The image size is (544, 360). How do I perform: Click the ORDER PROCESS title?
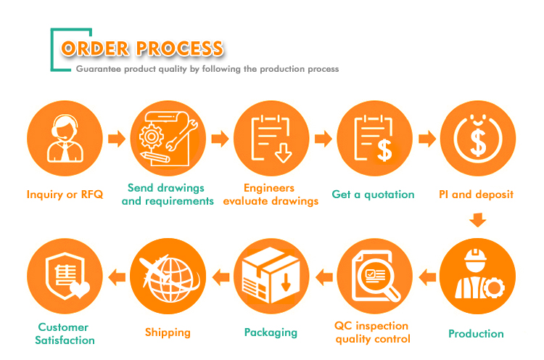pos(142,48)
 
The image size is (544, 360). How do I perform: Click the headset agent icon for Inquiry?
pos(65,138)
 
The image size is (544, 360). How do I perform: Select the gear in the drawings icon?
pos(152,136)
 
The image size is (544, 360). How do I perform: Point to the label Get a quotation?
pos(373,195)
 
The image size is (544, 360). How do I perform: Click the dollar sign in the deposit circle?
pos(478,142)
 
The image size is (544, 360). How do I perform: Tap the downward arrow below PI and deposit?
pos(478,220)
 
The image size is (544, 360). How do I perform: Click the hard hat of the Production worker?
pos(475,255)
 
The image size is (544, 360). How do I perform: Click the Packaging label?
pos(271,332)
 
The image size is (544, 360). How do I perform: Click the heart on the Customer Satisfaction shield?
pos(80,289)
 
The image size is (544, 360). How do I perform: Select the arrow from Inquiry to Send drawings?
pos(117,139)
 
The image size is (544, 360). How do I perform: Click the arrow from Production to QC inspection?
pos(427,277)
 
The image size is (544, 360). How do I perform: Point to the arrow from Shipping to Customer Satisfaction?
pos(117,277)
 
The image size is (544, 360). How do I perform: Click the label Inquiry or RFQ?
pos(65,195)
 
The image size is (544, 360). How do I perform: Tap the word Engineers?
pos(269,188)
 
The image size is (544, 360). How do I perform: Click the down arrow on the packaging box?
pos(286,282)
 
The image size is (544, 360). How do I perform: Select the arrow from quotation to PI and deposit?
pos(427,139)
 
